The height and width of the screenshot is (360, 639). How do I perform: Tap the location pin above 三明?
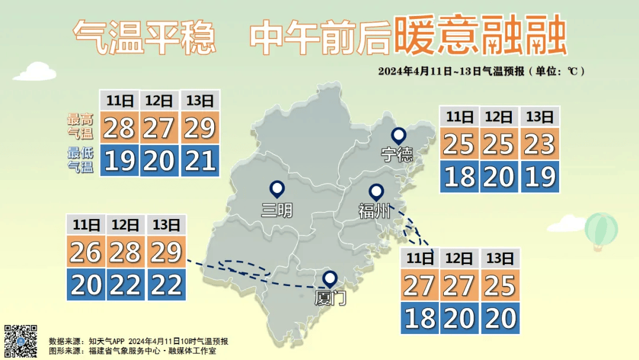click(x=277, y=189)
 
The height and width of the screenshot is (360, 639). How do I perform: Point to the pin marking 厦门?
click(x=330, y=279)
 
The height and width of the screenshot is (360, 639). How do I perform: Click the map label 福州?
click(x=375, y=211)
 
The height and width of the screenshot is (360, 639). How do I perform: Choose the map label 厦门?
click(x=330, y=298)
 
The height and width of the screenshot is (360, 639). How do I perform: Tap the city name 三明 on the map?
click(x=277, y=209)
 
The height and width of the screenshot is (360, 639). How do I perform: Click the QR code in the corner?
click(x=21, y=340)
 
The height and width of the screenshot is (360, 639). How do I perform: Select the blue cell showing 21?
click(x=200, y=160)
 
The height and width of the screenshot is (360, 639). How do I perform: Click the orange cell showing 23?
click(x=540, y=144)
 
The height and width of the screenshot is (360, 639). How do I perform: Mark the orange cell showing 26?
click(x=86, y=253)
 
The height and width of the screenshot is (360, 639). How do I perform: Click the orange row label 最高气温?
click(x=80, y=126)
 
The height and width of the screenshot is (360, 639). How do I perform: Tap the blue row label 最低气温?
click(x=80, y=159)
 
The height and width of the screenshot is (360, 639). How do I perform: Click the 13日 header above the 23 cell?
click(x=540, y=117)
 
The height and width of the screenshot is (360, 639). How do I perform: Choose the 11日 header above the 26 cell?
click(x=86, y=225)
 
